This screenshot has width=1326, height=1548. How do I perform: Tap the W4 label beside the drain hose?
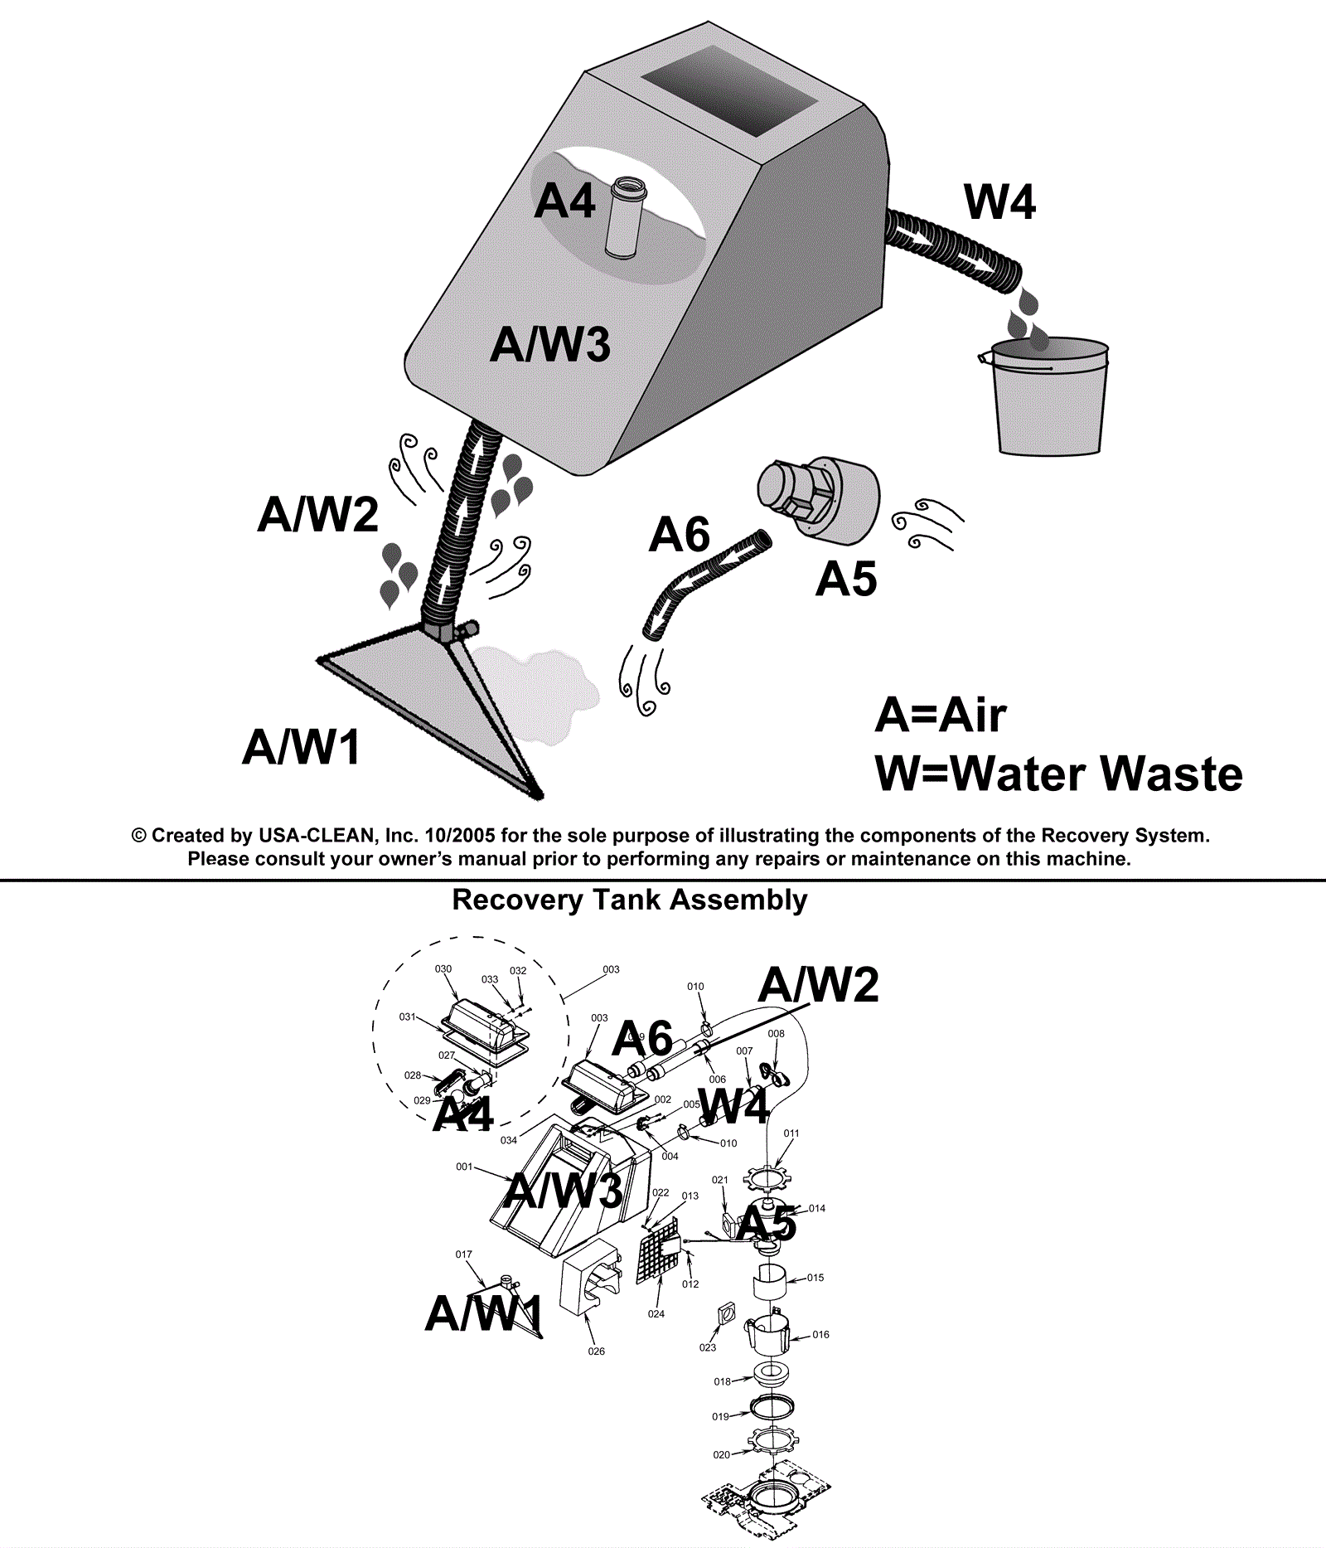click(x=999, y=202)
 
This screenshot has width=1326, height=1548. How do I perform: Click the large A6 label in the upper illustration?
click(x=680, y=535)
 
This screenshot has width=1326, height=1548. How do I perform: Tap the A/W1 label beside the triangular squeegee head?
click(x=302, y=747)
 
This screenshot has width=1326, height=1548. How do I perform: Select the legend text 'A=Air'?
click(x=941, y=715)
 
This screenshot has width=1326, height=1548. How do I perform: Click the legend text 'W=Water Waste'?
click(x=1058, y=774)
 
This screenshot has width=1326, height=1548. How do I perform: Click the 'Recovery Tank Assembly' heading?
click(x=629, y=900)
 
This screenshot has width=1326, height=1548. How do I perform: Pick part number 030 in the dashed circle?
click(x=443, y=968)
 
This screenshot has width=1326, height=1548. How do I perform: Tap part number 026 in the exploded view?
click(x=596, y=1351)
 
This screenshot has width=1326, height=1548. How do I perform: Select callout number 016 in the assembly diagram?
click(x=820, y=1334)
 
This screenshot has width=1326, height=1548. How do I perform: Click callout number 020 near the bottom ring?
click(x=721, y=1454)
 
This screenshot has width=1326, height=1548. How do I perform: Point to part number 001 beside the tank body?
click(x=464, y=1167)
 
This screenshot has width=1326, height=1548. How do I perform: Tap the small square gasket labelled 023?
click(x=727, y=1313)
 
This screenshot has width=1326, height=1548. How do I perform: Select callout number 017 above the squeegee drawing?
click(x=463, y=1254)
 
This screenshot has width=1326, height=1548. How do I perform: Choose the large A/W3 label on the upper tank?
click(x=550, y=345)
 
